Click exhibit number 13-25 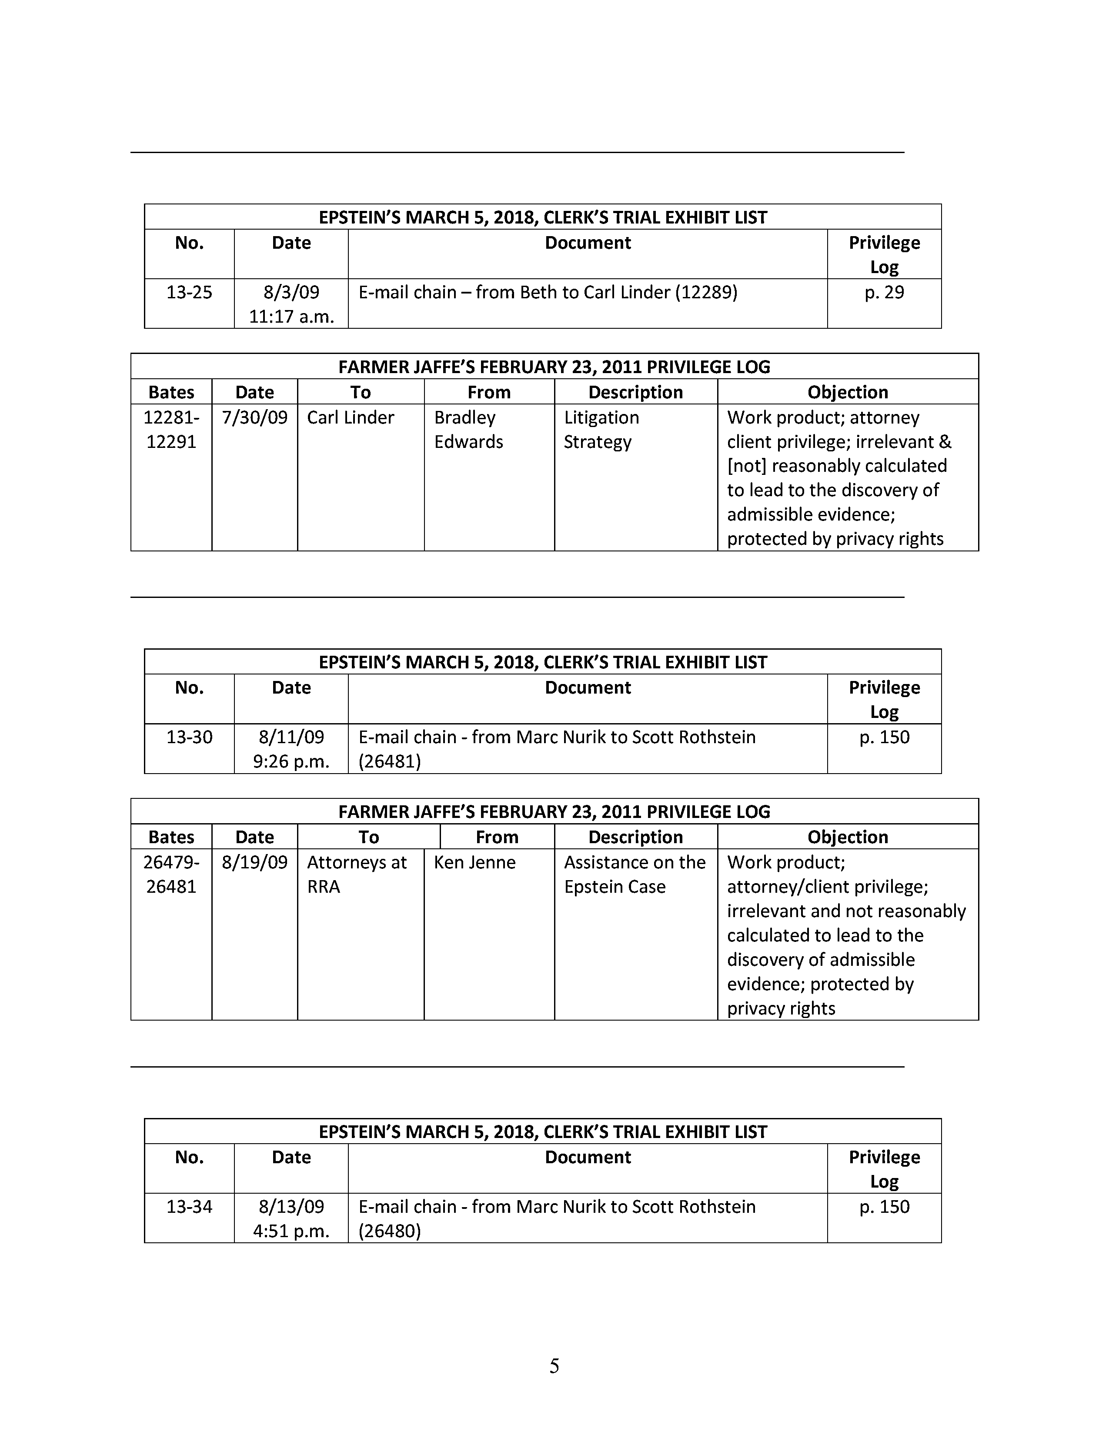tap(189, 292)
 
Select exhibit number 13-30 tap(189, 737)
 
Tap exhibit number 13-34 tap(189, 1206)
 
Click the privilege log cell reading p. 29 tap(884, 292)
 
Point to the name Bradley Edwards tap(468, 429)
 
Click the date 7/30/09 tap(254, 417)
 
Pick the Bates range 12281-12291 tap(171, 429)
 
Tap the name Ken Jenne tap(474, 862)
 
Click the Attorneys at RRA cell tap(357, 874)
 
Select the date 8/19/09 tap(254, 862)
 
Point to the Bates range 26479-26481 tap(171, 874)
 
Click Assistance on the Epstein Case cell tap(635, 874)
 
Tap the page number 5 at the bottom tap(554, 1366)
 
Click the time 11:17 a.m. tap(291, 317)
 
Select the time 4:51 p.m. tap(291, 1231)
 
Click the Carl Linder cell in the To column tap(350, 417)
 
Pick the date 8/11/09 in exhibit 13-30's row tap(291, 737)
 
